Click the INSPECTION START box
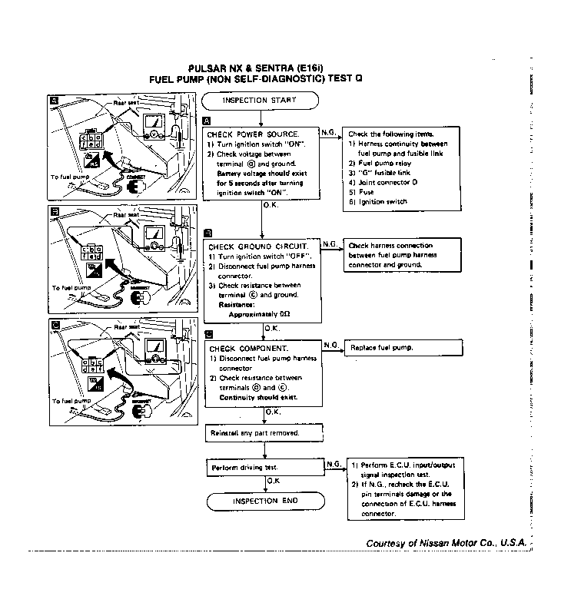(x=260, y=101)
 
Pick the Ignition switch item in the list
(x=381, y=202)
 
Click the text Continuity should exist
(x=258, y=398)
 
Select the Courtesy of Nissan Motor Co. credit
(x=446, y=542)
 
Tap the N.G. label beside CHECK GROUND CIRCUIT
(x=330, y=243)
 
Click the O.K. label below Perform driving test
(x=273, y=481)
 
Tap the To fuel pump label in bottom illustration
(x=71, y=401)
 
